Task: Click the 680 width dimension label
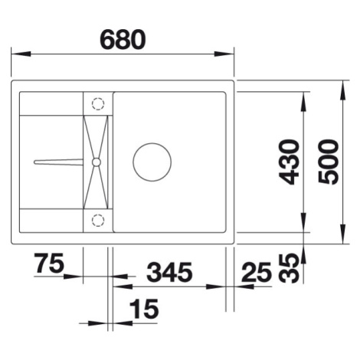[123, 40]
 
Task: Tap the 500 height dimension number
[329, 162]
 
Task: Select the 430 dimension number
[289, 162]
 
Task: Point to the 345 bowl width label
[169, 272]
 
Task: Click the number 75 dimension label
[49, 263]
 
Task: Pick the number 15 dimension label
[144, 309]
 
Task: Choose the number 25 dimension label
[256, 272]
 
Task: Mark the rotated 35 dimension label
[289, 268]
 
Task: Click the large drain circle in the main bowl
[152, 143]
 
